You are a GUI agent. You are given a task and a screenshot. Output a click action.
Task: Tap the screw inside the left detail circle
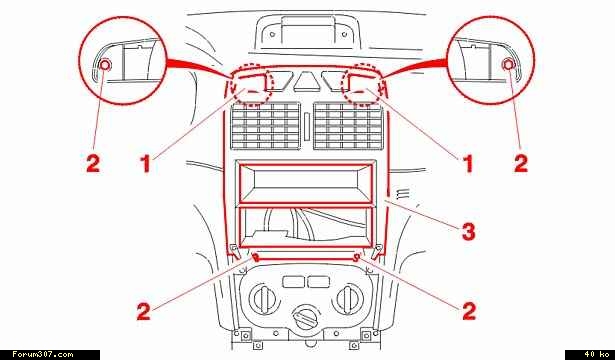105,65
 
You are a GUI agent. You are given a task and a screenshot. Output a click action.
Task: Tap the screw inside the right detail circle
508,65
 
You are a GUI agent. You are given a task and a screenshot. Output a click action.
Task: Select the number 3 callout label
468,232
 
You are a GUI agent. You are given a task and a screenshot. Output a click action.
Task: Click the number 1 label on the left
147,163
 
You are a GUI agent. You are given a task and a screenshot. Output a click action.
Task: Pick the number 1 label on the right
468,163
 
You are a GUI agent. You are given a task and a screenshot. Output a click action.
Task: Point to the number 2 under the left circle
93,163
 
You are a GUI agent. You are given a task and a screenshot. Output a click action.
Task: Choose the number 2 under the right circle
521,163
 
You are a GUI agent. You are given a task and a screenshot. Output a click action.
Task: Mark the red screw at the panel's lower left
256,258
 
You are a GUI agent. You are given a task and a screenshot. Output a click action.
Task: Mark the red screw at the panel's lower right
357,258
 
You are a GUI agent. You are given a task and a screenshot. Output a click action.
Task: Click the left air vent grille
266,126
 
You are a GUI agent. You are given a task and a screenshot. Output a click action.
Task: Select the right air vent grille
348,126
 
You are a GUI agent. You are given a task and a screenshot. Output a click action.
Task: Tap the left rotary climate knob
265,300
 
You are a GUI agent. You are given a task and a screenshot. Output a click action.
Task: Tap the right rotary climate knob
348,300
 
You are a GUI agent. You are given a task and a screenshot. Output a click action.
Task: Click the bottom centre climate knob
307,317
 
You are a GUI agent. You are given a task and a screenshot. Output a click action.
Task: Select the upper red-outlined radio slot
304,183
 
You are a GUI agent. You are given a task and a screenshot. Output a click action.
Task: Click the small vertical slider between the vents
307,125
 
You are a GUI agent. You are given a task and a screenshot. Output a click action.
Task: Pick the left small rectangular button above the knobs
293,282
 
